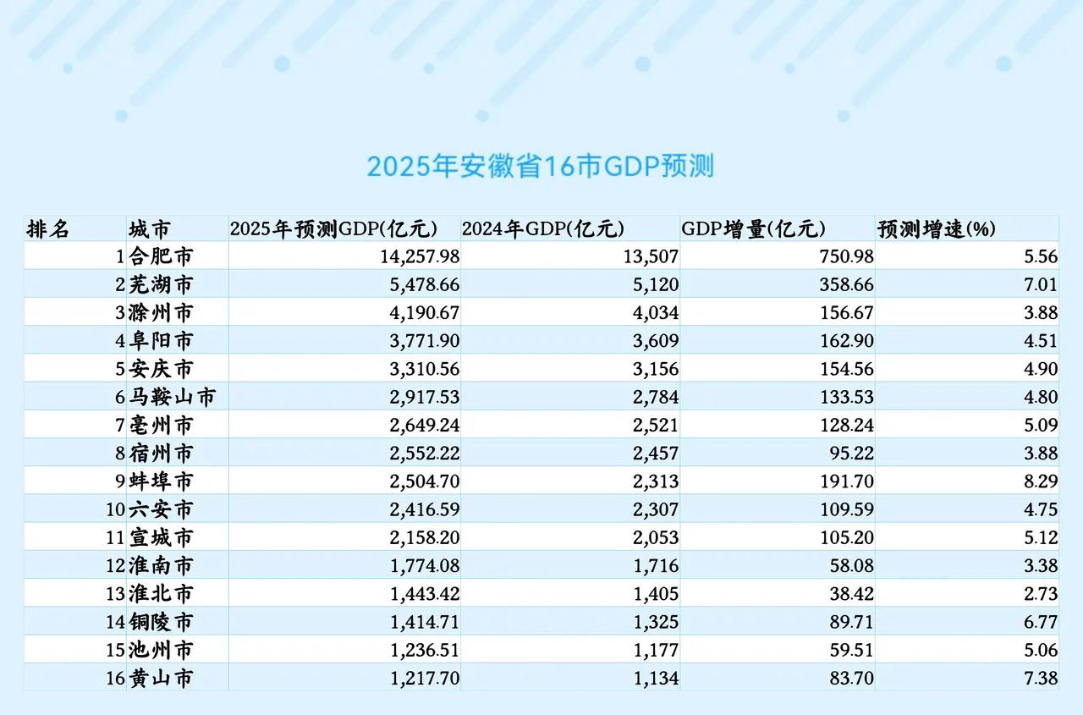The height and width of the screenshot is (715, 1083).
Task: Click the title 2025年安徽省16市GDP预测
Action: tap(540, 166)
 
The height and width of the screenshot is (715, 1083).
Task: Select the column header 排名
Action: tap(48, 229)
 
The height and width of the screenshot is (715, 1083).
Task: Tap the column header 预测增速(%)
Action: tap(937, 229)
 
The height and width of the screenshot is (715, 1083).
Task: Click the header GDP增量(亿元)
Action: tap(753, 229)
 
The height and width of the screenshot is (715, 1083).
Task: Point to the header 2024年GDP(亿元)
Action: tap(542, 229)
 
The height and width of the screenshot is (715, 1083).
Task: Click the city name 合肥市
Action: tap(161, 256)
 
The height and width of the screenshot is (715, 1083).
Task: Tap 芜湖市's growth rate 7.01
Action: tap(1040, 284)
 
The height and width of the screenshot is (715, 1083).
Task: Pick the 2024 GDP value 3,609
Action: tap(655, 340)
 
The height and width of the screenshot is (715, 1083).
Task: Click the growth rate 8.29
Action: tap(1040, 481)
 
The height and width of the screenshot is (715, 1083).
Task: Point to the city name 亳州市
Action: tap(161, 425)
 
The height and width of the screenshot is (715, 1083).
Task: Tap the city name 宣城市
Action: tap(161, 537)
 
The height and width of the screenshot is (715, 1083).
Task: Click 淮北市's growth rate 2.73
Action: tap(1040, 594)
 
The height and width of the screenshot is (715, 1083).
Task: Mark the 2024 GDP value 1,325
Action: tap(655, 622)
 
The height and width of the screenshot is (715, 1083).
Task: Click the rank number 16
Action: tap(116, 679)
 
